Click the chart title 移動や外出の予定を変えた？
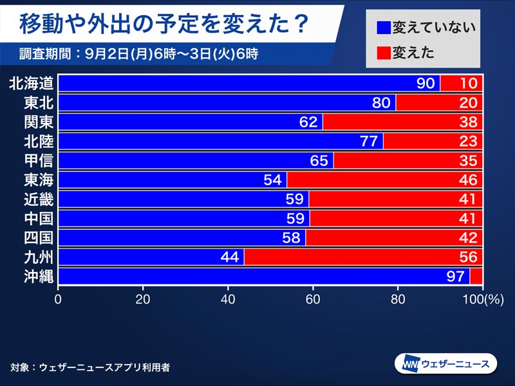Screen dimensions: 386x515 (x=164, y=24)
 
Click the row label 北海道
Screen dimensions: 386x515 (x=31, y=83)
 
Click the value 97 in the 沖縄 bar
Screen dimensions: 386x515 (x=455, y=276)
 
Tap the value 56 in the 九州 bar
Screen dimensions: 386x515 (x=468, y=257)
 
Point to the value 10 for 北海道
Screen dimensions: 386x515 (x=468, y=83)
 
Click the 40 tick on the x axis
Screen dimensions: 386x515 (x=228, y=299)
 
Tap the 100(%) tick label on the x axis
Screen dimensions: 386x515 (x=482, y=299)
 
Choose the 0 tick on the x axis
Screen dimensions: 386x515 (x=59, y=299)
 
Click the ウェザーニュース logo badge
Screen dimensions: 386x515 (x=445, y=363)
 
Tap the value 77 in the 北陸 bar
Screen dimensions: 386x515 (x=369, y=141)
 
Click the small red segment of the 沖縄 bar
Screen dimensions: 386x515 (x=476, y=276)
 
